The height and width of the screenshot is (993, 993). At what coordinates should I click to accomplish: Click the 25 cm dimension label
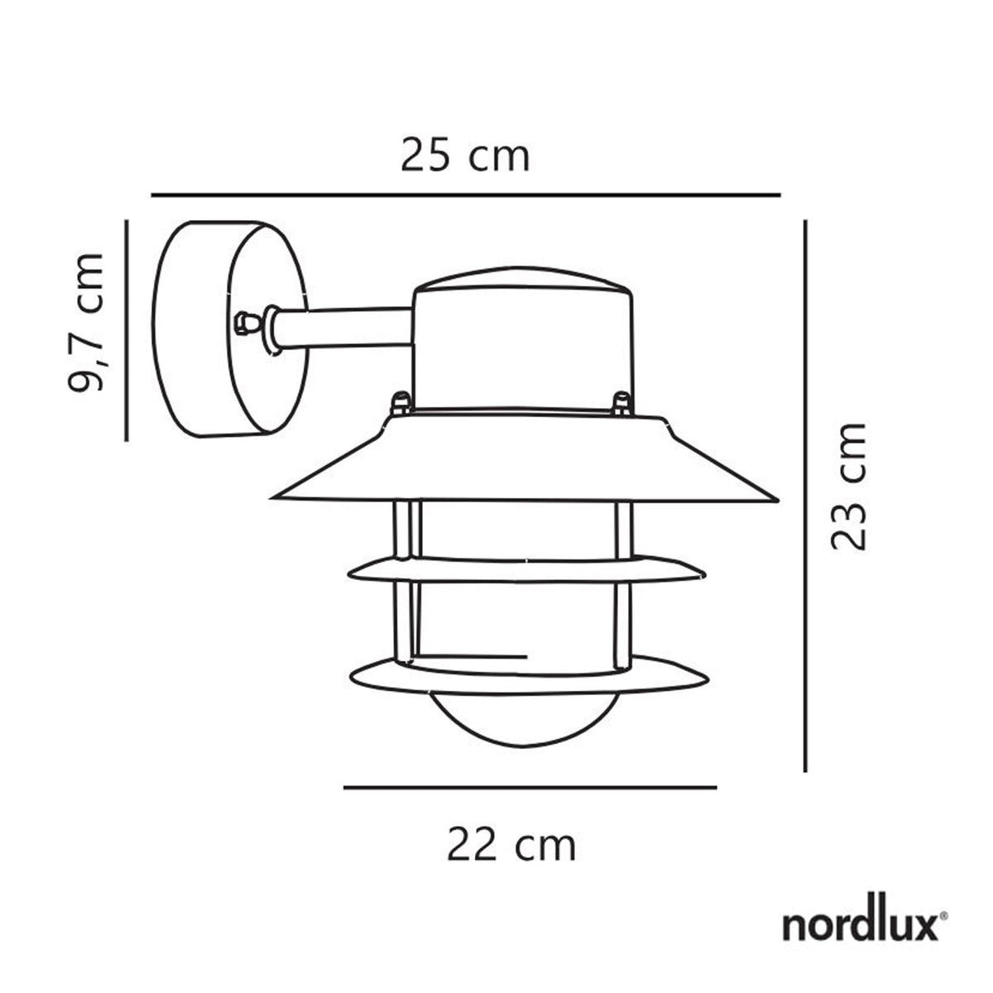coord(464,156)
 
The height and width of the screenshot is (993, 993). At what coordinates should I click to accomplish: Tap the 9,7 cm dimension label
coord(86,322)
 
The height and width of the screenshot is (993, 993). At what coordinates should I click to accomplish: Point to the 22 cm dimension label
coord(511,845)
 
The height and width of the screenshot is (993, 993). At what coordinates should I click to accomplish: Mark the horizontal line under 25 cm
coord(466,194)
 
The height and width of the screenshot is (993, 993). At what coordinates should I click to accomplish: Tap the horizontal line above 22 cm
coord(530,788)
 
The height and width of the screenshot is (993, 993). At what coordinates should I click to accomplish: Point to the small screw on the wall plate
coord(243,324)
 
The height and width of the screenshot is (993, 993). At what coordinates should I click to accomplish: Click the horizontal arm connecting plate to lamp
coord(348,326)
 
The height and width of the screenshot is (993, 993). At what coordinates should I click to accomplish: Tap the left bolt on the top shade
coord(399,405)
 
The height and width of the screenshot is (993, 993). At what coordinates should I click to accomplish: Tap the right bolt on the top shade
coord(619,404)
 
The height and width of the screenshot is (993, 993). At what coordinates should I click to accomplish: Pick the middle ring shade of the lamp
coord(527,568)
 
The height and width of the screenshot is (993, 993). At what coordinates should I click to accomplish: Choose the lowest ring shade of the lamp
coord(530,674)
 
